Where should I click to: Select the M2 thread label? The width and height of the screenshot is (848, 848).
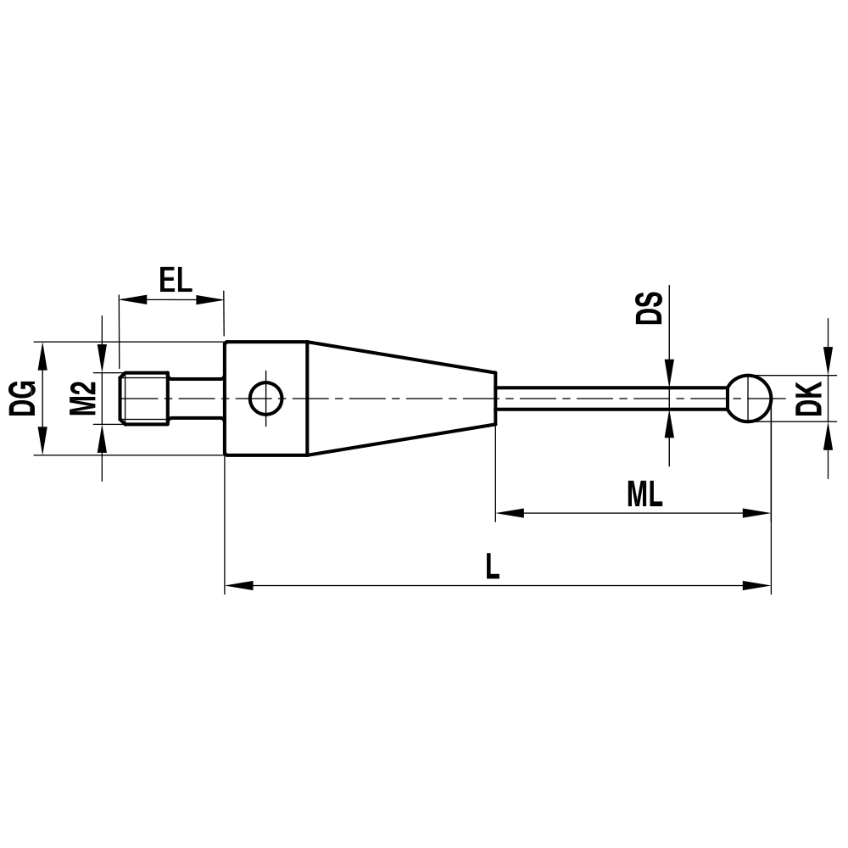point(82,398)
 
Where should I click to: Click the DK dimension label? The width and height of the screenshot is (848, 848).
point(811,398)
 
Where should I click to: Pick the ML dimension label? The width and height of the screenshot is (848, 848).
point(644,495)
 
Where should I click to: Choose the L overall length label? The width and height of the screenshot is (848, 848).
point(492,566)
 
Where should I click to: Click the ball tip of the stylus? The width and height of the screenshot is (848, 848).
point(749,398)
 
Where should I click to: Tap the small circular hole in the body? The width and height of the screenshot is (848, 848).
point(265,398)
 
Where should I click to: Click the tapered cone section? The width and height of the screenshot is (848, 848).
point(399,398)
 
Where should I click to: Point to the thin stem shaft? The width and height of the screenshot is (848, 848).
point(611,398)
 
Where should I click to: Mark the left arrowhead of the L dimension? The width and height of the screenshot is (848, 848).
point(237,585)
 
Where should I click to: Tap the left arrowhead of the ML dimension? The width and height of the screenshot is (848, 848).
point(508,513)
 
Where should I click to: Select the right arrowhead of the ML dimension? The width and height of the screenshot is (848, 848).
point(757,513)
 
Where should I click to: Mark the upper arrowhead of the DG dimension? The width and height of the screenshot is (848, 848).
point(40,354)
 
